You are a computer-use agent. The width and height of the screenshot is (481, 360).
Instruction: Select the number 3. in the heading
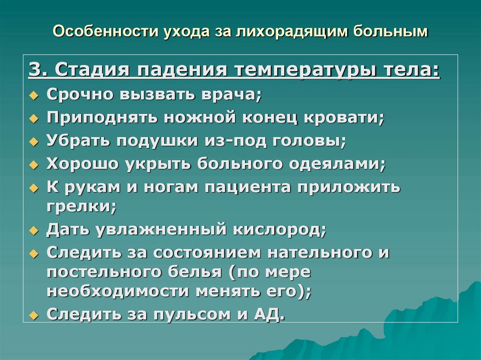[38, 71]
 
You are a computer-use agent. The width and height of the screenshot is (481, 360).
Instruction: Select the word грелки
[81, 207]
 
